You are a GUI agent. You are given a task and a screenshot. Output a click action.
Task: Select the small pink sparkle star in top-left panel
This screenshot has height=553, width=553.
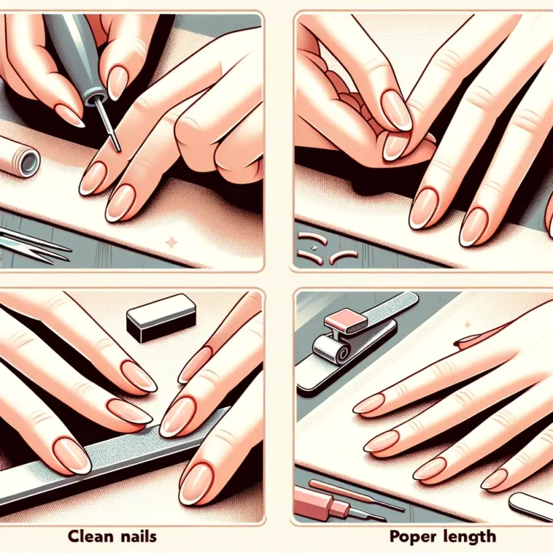pyautogui.click(x=172, y=242)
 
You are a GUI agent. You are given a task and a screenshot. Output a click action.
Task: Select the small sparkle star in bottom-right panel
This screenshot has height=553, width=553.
pyautogui.click(x=468, y=324)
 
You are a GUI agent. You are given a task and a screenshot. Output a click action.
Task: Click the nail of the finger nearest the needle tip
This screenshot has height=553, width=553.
pyautogui.click(x=93, y=178)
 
